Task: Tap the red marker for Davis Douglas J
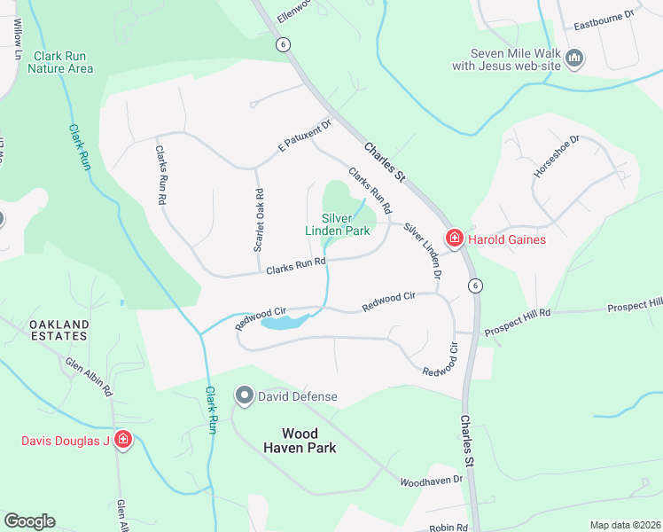click(x=122, y=440)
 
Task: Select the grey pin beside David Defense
click(x=245, y=395)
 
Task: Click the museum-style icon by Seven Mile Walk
click(x=575, y=59)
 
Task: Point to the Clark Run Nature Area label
click(x=63, y=61)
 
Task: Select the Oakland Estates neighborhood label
click(x=58, y=330)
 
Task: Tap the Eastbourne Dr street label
click(x=604, y=15)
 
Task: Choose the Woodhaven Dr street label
click(x=432, y=480)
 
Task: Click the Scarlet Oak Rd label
click(x=259, y=220)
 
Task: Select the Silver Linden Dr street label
click(x=423, y=253)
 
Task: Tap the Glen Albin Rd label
click(x=89, y=375)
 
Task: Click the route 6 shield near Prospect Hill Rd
click(x=476, y=285)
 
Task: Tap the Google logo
click(x=29, y=521)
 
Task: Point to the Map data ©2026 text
click(x=624, y=525)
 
